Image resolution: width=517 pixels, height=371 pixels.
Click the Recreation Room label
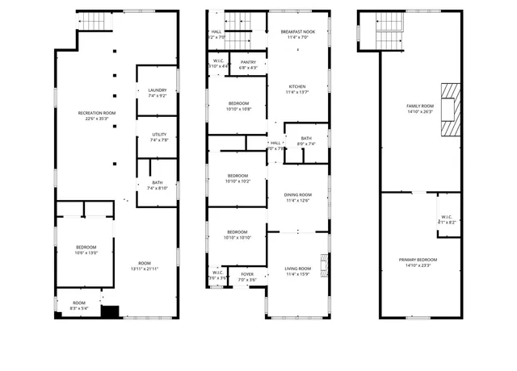tap(96, 115)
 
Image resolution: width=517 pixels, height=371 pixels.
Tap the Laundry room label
tap(157, 93)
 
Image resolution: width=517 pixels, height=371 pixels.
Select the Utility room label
tap(157, 137)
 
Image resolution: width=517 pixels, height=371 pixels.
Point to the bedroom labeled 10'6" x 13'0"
tap(86, 249)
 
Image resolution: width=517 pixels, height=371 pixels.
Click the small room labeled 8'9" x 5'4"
tap(78, 305)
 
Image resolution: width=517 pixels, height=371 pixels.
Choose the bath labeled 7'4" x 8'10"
tap(157, 185)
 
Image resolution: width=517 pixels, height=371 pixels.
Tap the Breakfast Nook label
tap(298, 34)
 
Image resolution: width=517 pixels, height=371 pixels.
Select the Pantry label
tap(248, 65)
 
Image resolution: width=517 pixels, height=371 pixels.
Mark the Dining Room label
tap(298, 198)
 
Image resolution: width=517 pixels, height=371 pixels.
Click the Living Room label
tap(298, 271)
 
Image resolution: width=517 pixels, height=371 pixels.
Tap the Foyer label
tap(247, 277)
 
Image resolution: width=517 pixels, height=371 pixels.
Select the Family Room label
tap(420, 109)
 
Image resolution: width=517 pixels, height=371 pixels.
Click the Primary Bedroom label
tap(420, 262)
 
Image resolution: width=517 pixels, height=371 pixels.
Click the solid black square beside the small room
tap(109, 311)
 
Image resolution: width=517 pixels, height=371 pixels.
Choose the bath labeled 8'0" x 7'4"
tap(306, 140)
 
